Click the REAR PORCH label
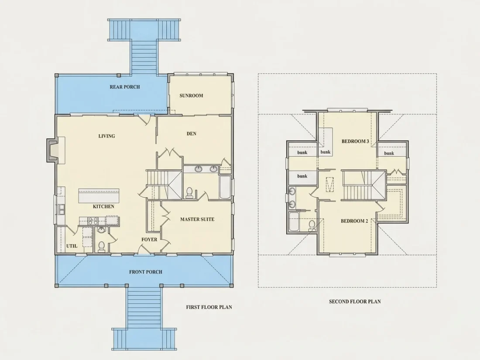[125, 87]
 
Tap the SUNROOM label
[191, 96]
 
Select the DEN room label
[191, 134]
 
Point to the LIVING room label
[106, 136]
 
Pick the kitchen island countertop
[99, 195]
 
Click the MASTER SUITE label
[197, 219]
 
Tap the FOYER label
[149, 240]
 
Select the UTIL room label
[72, 246]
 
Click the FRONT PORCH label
[146, 272]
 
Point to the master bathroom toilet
[189, 193]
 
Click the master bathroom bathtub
[225, 187]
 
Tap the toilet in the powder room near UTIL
[101, 247]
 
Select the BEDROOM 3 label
[355, 141]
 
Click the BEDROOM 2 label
[354, 221]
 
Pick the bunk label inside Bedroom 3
[326, 152]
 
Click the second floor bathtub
[294, 222]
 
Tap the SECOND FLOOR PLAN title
[355, 302]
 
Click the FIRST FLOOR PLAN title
[209, 307]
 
